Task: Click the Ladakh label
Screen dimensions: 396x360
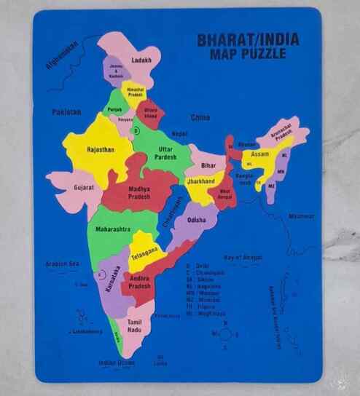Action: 141,60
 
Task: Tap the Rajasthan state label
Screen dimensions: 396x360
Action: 101,149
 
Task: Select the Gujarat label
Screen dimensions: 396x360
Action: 84,187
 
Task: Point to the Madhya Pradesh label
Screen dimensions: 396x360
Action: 139,192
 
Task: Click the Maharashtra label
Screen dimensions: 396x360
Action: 112,229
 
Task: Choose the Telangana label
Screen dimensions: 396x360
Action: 144,250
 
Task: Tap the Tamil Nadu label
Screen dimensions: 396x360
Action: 134,325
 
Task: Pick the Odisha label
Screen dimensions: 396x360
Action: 196,219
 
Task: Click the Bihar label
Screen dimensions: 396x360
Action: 208,165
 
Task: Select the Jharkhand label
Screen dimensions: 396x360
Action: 200,181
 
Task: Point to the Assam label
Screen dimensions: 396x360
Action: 259,154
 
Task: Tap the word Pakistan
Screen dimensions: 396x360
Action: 66,112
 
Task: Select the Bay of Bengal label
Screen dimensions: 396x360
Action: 243,256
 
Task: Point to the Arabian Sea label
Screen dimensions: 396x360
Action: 61,264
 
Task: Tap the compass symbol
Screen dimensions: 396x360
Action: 225,333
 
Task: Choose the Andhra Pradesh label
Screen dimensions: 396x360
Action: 140,282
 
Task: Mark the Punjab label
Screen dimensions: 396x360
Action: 114,109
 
